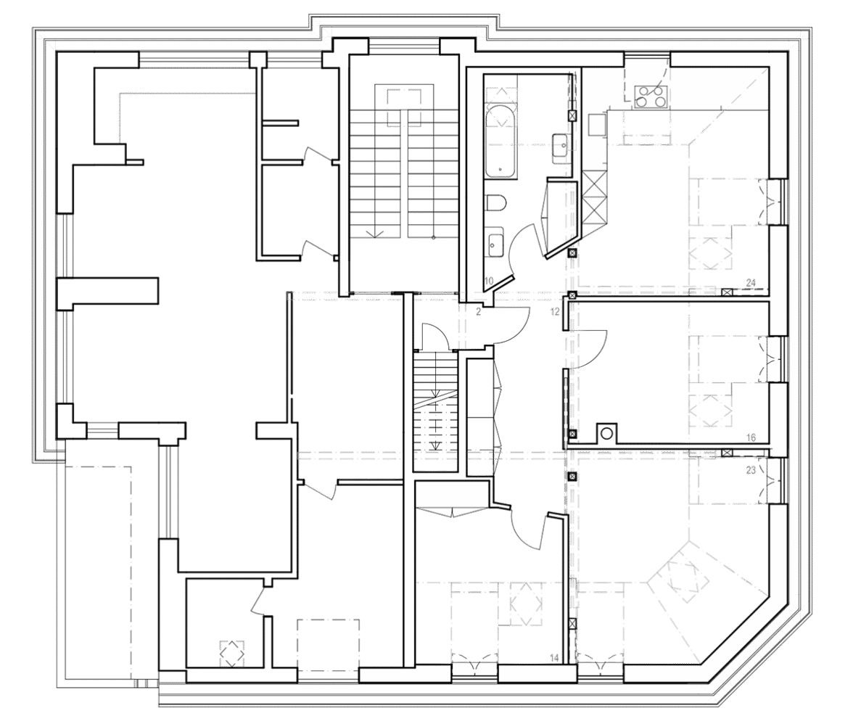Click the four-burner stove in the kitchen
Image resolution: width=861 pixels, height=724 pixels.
click(x=651, y=96)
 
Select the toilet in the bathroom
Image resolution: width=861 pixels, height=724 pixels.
click(x=495, y=204)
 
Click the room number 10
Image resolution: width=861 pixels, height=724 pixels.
click(x=489, y=280)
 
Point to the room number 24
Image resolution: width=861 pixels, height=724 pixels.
click(x=751, y=283)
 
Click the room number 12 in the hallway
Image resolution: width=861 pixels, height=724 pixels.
click(x=556, y=312)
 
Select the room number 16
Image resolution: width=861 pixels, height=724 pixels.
click(x=751, y=438)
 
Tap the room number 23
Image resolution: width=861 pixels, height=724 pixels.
click(x=751, y=469)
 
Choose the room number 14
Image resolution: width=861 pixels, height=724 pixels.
click(x=555, y=659)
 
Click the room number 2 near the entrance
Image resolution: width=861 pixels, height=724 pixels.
click(x=479, y=312)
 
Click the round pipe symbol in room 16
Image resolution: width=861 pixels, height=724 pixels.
click(x=606, y=433)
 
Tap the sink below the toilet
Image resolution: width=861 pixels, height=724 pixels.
click(x=495, y=242)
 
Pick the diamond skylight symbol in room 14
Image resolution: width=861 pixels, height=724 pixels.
click(x=526, y=604)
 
